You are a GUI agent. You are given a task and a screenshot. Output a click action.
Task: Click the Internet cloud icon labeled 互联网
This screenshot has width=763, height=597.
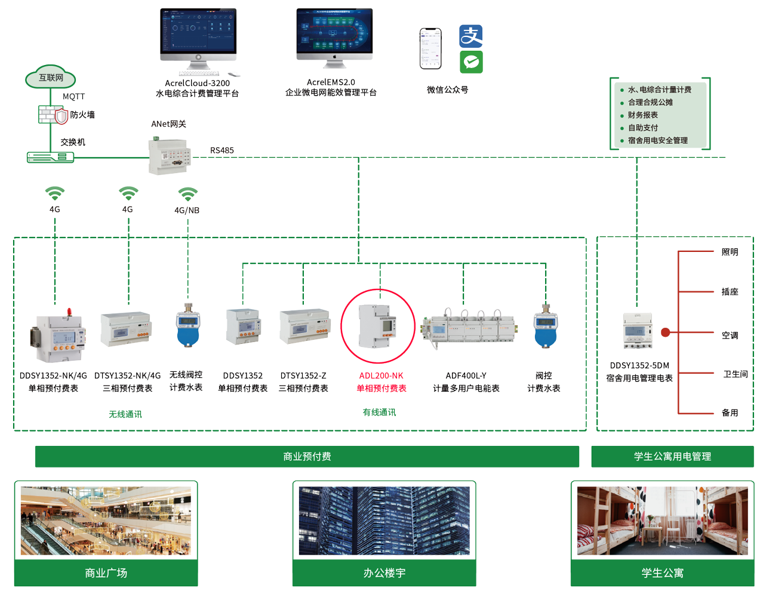[x=51, y=77]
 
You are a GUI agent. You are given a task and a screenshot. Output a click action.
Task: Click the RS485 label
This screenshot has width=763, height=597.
[x=222, y=150]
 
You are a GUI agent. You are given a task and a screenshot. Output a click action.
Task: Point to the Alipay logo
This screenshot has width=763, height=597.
[x=470, y=36]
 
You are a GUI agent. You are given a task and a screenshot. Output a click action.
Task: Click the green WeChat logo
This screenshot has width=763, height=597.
[x=471, y=62]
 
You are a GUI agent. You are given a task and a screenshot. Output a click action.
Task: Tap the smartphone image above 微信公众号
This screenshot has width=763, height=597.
[x=430, y=48]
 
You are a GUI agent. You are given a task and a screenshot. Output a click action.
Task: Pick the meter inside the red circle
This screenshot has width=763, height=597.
[x=377, y=326]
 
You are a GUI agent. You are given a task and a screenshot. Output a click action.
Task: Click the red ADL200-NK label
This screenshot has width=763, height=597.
[x=381, y=376]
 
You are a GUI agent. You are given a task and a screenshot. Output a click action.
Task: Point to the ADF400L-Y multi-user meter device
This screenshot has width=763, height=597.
[x=469, y=326]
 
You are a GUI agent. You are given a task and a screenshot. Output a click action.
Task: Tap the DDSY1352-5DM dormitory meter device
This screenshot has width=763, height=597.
[x=638, y=330]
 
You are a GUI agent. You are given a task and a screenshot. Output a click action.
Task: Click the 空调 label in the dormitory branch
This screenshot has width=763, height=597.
[x=730, y=336]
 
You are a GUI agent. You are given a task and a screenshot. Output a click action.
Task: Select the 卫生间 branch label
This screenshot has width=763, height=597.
[x=735, y=374]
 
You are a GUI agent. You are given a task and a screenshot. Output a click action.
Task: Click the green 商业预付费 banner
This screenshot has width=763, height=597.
[x=307, y=457]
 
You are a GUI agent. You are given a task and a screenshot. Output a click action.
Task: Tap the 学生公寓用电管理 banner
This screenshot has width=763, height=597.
[x=672, y=457]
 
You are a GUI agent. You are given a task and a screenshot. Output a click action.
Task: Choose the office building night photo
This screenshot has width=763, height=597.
[x=384, y=521]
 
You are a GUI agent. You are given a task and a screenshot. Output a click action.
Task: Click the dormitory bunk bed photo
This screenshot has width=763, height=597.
[x=662, y=521]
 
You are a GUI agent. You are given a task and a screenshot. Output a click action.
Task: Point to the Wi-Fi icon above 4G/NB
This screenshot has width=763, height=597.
[x=187, y=194]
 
